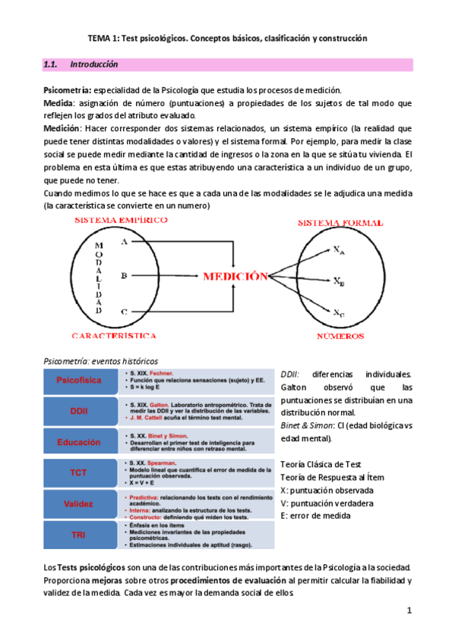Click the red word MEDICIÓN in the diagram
(235, 277)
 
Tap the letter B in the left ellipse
(124, 276)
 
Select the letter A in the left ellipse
(124, 240)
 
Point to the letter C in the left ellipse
(124, 312)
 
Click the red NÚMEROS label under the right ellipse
(340, 334)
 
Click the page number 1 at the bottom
(409, 610)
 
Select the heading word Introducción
(93, 65)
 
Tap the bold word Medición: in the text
(68, 129)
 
